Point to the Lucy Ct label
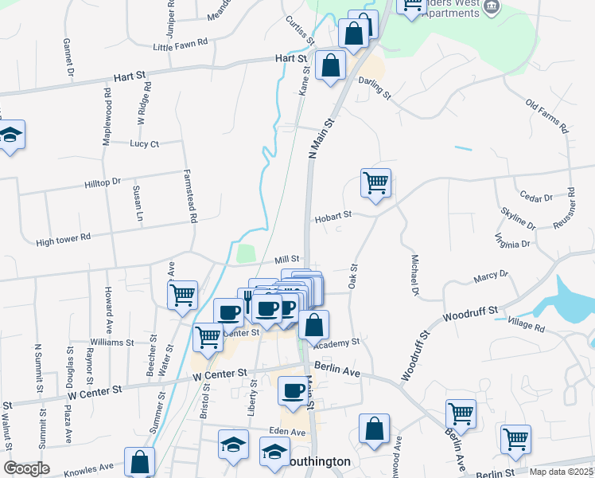[x=145, y=143]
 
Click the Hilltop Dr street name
[x=102, y=182]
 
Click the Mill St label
[x=286, y=259]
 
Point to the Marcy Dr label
[x=491, y=276]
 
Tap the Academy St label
[x=336, y=343]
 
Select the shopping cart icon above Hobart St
[x=375, y=182]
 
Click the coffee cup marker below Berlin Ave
[x=292, y=390]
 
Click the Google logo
[x=26, y=468]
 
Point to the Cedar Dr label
[x=535, y=198]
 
